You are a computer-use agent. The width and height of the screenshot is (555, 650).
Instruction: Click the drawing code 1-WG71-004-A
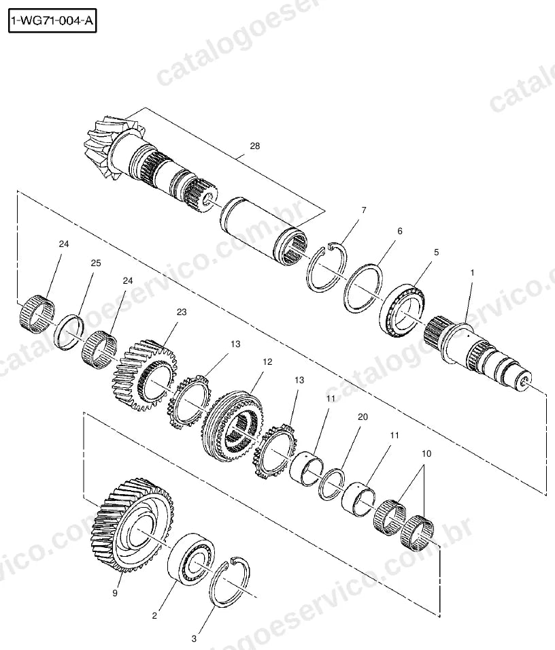[x=52, y=20]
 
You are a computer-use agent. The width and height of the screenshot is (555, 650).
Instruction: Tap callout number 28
[x=255, y=146]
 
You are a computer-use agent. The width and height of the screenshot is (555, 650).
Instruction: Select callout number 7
[x=364, y=210]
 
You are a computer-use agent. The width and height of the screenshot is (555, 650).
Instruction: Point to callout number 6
[x=400, y=231]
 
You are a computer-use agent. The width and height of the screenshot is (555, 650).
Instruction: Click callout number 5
[x=436, y=252]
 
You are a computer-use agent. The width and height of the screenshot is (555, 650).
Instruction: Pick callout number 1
[x=472, y=273]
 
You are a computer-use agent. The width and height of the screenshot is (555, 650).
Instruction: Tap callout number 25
[x=96, y=263]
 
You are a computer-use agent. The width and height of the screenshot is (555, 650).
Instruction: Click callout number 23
[x=182, y=312]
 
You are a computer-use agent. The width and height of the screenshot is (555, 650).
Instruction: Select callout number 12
[x=267, y=362]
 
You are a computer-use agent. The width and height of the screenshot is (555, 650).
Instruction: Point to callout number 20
[x=363, y=417]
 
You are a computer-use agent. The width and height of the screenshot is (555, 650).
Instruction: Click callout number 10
[x=426, y=453]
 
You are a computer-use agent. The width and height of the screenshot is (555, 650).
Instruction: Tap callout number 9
[x=115, y=594]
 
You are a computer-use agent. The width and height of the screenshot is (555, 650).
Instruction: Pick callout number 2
[x=154, y=615]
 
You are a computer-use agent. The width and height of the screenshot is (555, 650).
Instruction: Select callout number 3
[x=194, y=639]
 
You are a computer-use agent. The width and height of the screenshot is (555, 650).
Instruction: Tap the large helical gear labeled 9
[x=133, y=524]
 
